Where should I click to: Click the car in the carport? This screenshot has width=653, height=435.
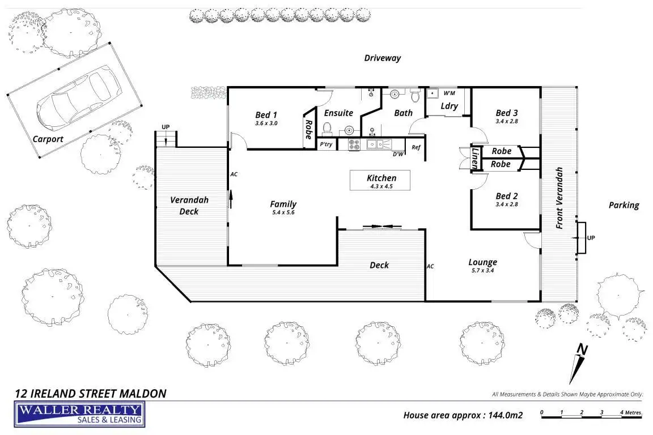(79, 97)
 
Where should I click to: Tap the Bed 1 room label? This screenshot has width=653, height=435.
(266, 115)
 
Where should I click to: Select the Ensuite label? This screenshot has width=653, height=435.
(338, 113)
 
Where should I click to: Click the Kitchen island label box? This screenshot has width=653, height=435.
(380, 180)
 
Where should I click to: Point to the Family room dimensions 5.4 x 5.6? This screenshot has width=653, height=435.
(283, 212)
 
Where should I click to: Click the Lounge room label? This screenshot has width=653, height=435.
(483, 262)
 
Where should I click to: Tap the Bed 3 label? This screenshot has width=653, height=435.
(506, 113)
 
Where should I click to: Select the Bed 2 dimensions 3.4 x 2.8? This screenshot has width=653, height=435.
(507, 204)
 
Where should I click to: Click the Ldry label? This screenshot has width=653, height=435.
(450, 106)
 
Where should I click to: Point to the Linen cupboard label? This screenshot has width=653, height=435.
(475, 158)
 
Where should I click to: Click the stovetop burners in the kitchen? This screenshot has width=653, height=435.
(354, 144)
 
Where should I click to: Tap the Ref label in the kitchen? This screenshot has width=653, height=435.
(416, 147)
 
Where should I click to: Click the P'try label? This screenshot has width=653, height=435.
(326, 144)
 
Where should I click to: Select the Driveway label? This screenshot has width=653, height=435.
(382, 58)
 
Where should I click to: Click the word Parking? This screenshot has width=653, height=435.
(624, 205)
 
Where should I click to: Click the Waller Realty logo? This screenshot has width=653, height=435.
(79, 414)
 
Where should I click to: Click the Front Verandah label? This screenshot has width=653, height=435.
(559, 198)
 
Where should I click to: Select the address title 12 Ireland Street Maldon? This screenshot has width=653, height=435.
(90, 394)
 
